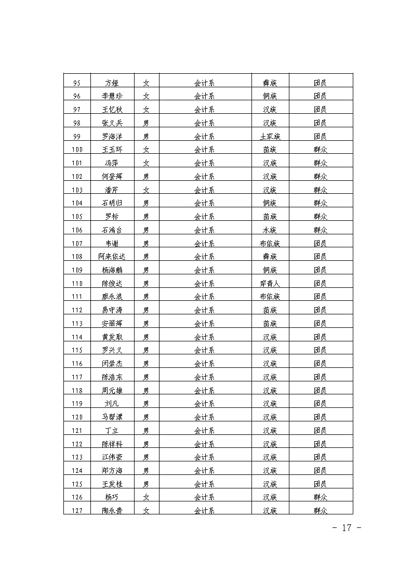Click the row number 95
pyautogui.click(x=77, y=83)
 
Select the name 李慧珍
pyautogui.click(x=112, y=96)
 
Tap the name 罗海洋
pyautogui.click(x=112, y=137)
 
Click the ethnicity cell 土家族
pyautogui.click(x=270, y=137)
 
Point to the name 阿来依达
pyautogui.click(x=112, y=257)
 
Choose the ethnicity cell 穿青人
pyautogui.click(x=270, y=284)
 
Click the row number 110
pyautogui.click(x=77, y=284)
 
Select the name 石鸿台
pyautogui.click(x=112, y=230)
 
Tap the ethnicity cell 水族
pyautogui.click(x=270, y=230)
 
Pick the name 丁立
pyautogui.click(x=112, y=431)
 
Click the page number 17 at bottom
pyautogui.click(x=347, y=528)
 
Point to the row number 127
pyautogui.click(x=77, y=511)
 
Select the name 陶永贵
pyautogui.click(x=112, y=511)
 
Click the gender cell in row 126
pyautogui.click(x=147, y=497)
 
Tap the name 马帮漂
pyautogui.click(x=112, y=417)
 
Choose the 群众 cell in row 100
pyautogui.click(x=321, y=150)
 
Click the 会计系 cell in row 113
pyautogui.click(x=205, y=324)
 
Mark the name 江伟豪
pyautogui.click(x=112, y=457)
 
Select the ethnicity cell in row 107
pyautogui.click(x=270, y=244)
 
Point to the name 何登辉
pyautogui.click(x=112, y=177)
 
